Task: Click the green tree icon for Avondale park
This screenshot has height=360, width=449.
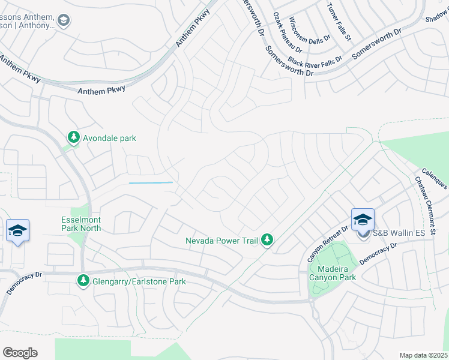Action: tap(74, 138)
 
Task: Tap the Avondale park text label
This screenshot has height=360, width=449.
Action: tap(110, 138)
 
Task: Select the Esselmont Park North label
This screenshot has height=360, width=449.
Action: tap(81, 224)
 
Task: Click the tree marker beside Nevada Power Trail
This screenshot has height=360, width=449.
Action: tap(268, 241)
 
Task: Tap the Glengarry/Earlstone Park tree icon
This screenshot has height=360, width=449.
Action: tap(83, 281)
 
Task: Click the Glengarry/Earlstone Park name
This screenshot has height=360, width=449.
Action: tap(138, 281)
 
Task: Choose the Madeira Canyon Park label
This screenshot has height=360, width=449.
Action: tap(332, 272)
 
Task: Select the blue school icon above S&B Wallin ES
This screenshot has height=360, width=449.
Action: tap(363, 220)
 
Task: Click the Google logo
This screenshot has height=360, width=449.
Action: tap(20, 353)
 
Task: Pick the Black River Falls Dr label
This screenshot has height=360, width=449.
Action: tap(315, 61)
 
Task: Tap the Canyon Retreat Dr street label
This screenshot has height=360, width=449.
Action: tap(328, 244)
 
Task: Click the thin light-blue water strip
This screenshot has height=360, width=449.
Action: tap(151, 182)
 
